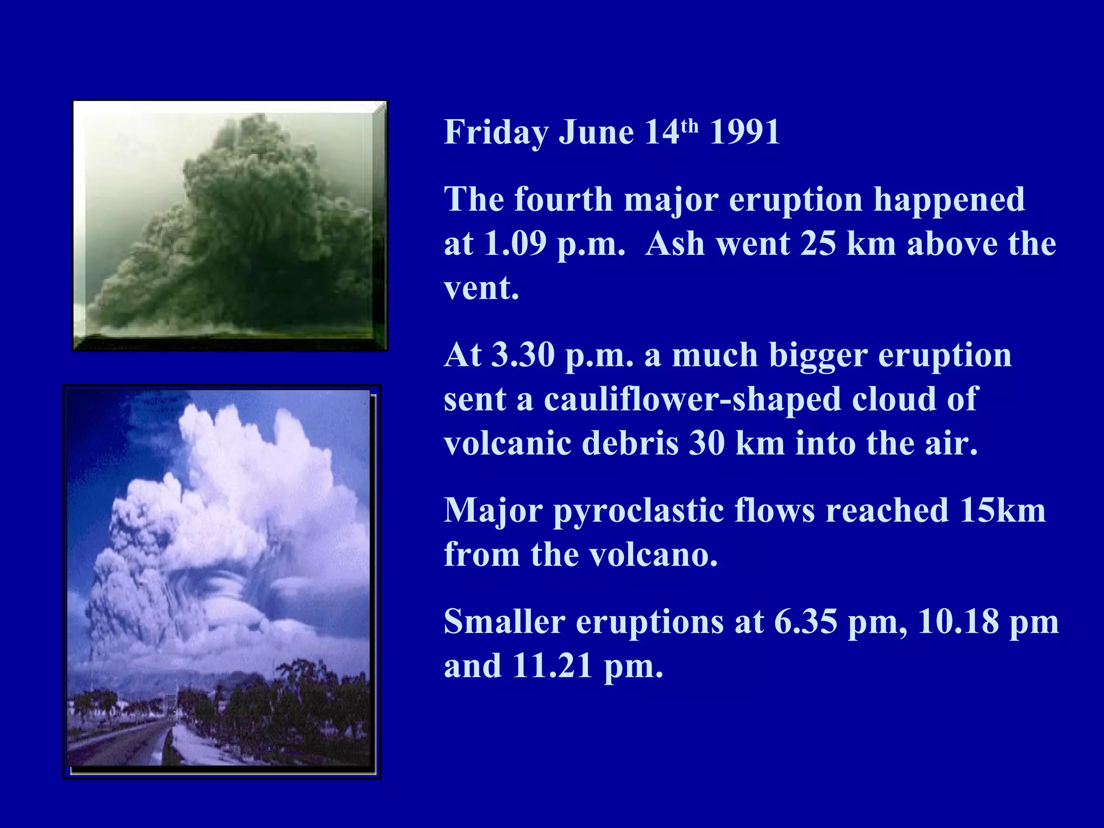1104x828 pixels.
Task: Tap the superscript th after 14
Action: tap(689, 126)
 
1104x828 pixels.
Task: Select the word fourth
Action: tap(564, 199)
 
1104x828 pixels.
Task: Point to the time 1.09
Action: tap(515, 244)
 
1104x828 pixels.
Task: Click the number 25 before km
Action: tap(818, 244)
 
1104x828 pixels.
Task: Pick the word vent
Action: tap(481, 288)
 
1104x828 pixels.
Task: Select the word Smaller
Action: tap(504, 622)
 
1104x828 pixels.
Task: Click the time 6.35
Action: tap(806, 622)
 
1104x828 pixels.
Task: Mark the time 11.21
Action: tap(552, 666)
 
